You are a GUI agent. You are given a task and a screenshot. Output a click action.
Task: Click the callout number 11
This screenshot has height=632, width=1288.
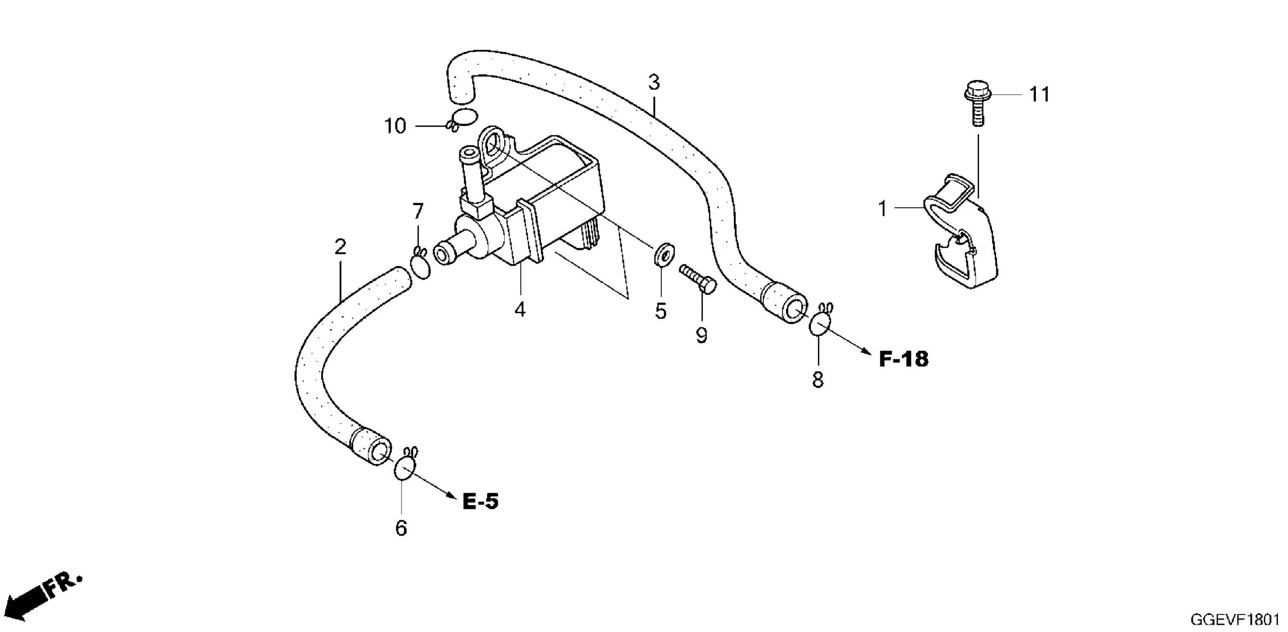coord(1040,95)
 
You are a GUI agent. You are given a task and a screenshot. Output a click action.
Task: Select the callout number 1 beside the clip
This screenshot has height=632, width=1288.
coord(882,209)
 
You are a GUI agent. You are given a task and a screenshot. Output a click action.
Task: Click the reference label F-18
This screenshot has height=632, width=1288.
coord(904,359)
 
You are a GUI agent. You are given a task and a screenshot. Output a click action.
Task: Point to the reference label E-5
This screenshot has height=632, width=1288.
coord(480,501)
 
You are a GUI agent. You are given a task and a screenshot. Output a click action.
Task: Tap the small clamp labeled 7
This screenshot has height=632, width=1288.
coord(421,264)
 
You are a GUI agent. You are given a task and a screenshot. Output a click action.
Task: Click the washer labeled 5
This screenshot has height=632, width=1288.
coord(662,254)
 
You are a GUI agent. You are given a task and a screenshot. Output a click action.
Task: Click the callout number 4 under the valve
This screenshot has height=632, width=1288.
coord(520,310)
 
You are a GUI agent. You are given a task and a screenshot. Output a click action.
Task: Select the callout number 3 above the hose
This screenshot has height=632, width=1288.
coord(654,82)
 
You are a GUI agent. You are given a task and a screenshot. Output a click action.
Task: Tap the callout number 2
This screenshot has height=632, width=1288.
coord(341,247)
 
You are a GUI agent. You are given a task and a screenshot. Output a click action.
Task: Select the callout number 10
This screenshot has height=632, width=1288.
coord(395,126)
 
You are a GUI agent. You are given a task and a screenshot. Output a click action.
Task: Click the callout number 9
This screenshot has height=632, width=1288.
coord(701,335)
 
